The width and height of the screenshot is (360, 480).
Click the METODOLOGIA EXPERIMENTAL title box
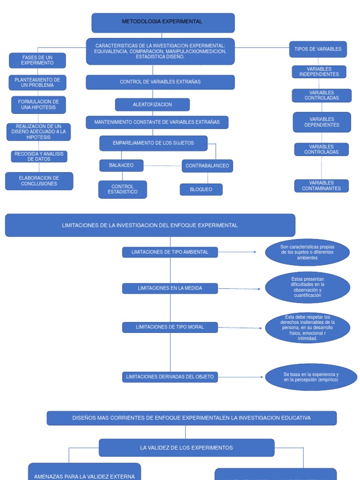point(163,22)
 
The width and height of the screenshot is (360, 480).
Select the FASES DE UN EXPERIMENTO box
point(37,60)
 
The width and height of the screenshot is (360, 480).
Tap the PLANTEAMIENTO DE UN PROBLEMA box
point(37,82)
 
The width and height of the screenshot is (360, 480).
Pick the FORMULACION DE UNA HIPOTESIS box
point(38,105)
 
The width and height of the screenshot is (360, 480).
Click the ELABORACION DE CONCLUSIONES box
point(39,181)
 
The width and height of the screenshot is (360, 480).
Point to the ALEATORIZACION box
point(152,105)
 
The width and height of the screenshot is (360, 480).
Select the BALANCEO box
point(121,165)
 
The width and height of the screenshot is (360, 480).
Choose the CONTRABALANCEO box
point(207,166)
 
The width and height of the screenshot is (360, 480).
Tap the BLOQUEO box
point(201,189)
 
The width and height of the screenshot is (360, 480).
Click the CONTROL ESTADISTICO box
point(122,189)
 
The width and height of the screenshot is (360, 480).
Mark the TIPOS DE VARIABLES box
point(318,49)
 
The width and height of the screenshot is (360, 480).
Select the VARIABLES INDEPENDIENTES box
point(319,72)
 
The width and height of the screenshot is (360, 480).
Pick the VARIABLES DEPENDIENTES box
point(322,122)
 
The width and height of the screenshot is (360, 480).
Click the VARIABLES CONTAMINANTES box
point(322,186)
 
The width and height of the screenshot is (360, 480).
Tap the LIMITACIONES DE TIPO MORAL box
point(170,327)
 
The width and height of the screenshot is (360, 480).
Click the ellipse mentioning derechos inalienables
point(307,328)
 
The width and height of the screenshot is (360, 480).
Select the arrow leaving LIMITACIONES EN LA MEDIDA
point(239,289)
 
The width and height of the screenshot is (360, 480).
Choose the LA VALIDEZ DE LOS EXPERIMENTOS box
point(186,448)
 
